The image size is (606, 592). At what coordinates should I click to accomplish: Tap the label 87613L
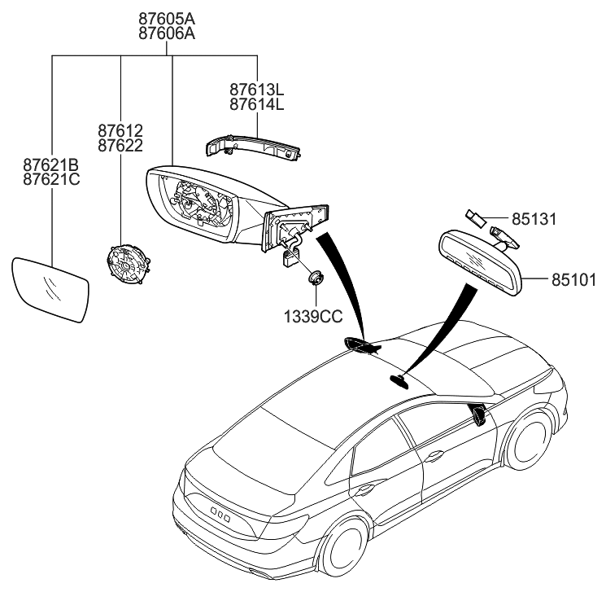coord(255,90)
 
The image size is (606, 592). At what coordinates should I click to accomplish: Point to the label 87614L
coord(255,105)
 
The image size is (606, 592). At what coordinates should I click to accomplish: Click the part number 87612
coord(120,130)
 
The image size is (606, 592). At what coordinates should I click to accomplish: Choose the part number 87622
coord(120,146)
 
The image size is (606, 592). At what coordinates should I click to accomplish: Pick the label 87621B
coord(50,165)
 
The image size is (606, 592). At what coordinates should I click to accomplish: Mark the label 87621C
coord(50,180)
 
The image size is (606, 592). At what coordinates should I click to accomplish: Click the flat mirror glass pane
coord(50,290)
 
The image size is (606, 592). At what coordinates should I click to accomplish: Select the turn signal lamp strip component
coord(252,146)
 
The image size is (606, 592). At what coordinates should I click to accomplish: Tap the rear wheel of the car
coord(342,546)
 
